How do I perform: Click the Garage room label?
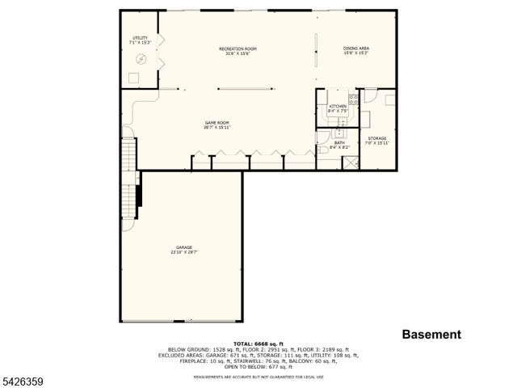184,247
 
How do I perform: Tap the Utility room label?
140,38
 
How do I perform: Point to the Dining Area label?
356,49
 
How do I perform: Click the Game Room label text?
217,123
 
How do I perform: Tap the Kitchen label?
338,107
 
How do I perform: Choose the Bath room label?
339,143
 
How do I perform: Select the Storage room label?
377,138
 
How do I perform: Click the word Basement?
431,334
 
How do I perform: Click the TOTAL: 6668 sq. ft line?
258,343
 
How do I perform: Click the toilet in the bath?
323,149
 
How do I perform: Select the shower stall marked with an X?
351,162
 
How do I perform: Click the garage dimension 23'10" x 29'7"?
184,252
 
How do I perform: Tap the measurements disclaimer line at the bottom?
258,377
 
